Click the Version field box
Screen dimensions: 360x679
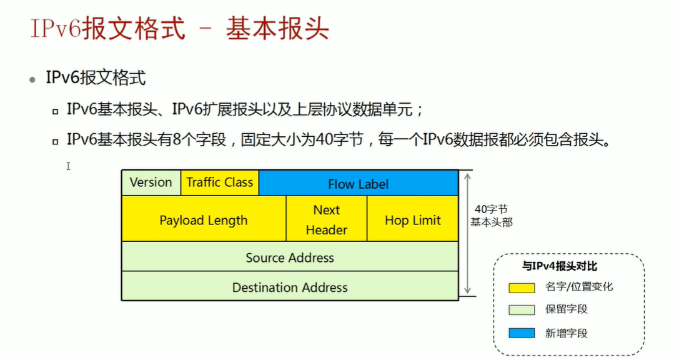click(x=151, y=182)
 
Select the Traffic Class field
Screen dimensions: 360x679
click(x=219, y=182)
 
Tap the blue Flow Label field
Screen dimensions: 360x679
click(x=358, y=184)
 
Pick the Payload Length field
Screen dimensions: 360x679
click(x=204, y=220)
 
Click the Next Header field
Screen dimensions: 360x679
click(x=326, y=220)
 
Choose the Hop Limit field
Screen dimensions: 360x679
click(x=413, y=220)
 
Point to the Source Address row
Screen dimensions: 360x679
click(x=290, y=257)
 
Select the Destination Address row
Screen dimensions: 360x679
click(x=290, y=287)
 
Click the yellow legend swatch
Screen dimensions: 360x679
click(x=522, y=287)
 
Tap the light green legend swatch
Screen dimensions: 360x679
click(x=522, y=309)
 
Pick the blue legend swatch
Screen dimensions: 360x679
click(x=522, y=333)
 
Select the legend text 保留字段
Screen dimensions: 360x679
click(x=566, y=309)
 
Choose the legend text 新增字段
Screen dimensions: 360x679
click(x=566, y=333)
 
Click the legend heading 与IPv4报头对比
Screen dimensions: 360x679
click(x=560, y=266)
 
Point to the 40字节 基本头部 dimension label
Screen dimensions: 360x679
click(x=491, y=216)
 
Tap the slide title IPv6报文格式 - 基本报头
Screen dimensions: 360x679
click(x=180, y=29)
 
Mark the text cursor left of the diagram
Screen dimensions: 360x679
click(x=68, y=166)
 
